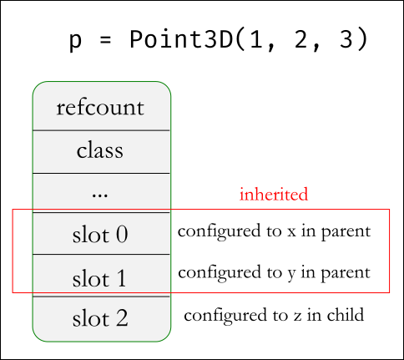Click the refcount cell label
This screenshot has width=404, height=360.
pos(100,108)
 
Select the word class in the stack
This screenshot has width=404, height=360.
pos(100,150)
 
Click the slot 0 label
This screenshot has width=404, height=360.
pos(100,235)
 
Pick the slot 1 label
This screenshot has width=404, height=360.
pos(99,278)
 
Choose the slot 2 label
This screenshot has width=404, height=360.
pos(100,317)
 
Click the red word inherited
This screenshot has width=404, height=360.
pos(274,194)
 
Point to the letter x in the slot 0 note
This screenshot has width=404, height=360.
pos(291,231)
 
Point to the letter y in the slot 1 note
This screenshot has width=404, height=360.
pos(291,274)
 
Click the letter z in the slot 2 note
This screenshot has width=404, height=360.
pos(297,316)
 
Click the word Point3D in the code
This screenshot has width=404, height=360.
pos(181,39)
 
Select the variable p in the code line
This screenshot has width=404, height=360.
pos(75,42)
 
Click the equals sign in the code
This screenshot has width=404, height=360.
pos(105,40)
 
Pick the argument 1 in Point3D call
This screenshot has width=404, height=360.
pos(256,39)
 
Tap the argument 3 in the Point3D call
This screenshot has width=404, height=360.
pos(346,39)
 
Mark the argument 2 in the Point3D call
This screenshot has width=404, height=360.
pos(301,39)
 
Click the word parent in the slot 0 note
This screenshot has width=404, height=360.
pos(346,232)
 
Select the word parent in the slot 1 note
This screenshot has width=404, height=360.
pos(346,274)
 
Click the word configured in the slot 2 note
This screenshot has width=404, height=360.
pos(225,316)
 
